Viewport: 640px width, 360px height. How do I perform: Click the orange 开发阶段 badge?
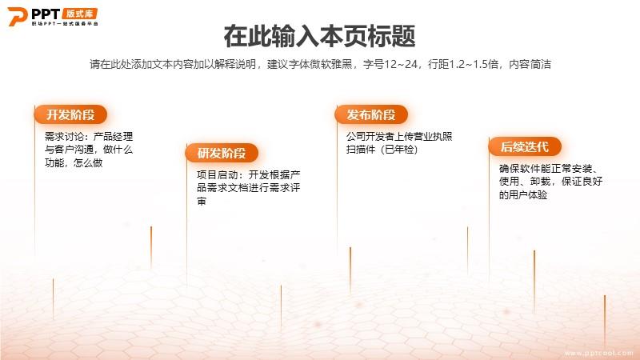(70, 114)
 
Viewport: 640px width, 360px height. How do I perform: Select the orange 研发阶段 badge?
(222, 153)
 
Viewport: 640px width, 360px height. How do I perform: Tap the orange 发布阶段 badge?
(371, 114)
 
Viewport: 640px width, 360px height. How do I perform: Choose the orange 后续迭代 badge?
(525, 146)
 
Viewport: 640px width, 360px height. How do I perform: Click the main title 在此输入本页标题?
(319, 36)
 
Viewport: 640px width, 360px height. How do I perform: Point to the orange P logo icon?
(17, 16)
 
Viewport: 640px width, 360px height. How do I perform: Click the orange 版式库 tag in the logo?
(79, 14)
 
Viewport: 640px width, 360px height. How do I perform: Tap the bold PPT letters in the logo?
(46, 14)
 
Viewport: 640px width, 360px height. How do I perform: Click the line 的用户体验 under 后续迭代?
(523, 194)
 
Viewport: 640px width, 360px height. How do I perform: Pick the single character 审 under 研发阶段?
(202, 202)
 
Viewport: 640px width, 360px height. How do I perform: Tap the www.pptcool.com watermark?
(599, 353)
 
